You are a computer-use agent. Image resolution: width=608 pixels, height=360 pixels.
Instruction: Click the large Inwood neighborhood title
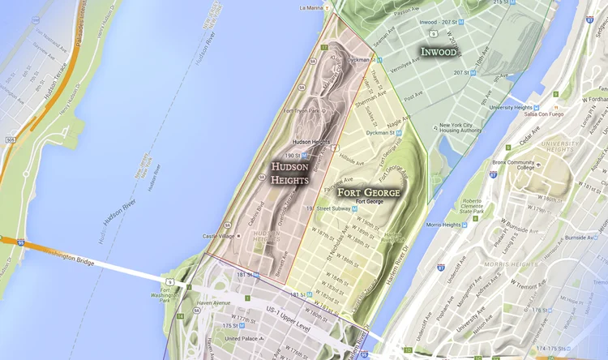(439, 52)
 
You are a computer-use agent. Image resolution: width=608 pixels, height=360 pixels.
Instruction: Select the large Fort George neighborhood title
(369, 192)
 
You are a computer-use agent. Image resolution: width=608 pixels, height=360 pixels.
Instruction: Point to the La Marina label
(311, 8)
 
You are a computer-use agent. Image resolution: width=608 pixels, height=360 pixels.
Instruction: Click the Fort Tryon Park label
(302, 111)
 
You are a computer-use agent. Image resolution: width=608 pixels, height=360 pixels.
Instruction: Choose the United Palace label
(242, 338)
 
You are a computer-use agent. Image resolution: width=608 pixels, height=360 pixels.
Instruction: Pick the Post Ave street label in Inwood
(413, 95)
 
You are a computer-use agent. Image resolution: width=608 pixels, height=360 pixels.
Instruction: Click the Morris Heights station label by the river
(443, 225)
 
